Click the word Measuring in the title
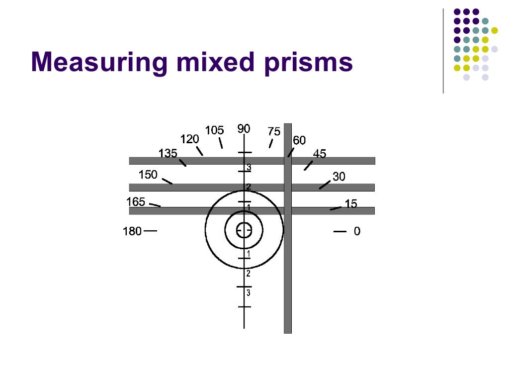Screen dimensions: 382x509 98,63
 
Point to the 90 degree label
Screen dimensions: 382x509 244,129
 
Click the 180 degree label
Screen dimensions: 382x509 132,231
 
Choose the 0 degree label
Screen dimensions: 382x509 357,231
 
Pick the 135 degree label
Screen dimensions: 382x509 168,153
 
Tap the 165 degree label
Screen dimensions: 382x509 136,202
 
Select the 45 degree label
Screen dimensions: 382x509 320,154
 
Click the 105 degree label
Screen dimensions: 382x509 214,130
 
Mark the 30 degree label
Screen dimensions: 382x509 339,177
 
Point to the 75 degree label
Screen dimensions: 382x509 274,132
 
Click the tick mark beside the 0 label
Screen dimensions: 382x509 339,231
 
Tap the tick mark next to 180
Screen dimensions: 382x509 151,231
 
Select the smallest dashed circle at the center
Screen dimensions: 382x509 244,230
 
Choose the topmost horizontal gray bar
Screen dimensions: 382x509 199,161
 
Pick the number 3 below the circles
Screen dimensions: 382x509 249,292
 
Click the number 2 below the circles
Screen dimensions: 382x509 249,274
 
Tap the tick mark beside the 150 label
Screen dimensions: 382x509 167,181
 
